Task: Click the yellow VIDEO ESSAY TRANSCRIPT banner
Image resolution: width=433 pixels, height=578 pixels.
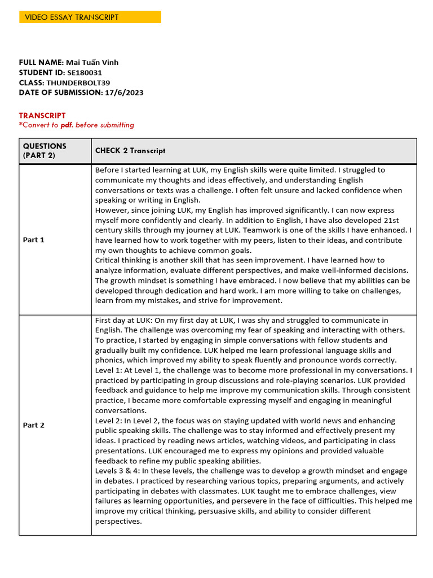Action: [x=90, y=17]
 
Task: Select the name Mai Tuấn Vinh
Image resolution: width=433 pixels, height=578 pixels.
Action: [x=92, y=62]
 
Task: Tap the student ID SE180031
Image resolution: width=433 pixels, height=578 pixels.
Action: [x=85, y=72]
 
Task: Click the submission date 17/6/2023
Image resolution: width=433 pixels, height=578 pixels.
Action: [x=124, y=93]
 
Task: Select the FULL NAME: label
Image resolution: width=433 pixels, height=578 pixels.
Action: [x=41, y=62]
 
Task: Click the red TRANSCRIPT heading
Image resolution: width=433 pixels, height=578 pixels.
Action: [x=42, y=115]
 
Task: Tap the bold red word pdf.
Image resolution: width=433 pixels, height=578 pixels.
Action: [x=67, y=125]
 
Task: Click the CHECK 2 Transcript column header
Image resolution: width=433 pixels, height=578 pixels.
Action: [x=130, y=151]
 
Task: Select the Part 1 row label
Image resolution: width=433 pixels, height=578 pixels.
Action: [x=33, y=240]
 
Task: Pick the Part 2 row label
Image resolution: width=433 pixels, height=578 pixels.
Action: [x=33, y=425]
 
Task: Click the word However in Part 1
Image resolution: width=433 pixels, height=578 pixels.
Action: [x=112, y=210]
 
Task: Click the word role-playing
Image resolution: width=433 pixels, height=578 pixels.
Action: [x=290, y=380]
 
